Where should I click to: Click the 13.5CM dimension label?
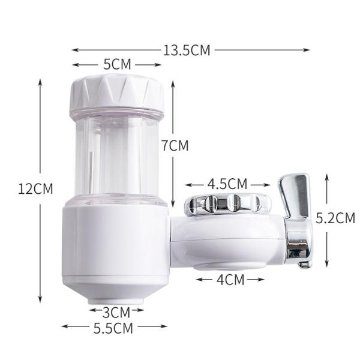(x=187, y=50)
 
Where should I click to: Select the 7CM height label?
(x=175, y=145)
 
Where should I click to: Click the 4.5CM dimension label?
(x=227, y=184)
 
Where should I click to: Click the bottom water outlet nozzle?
(x=115, y=300)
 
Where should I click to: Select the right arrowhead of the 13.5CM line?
(x=309, y=50)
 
